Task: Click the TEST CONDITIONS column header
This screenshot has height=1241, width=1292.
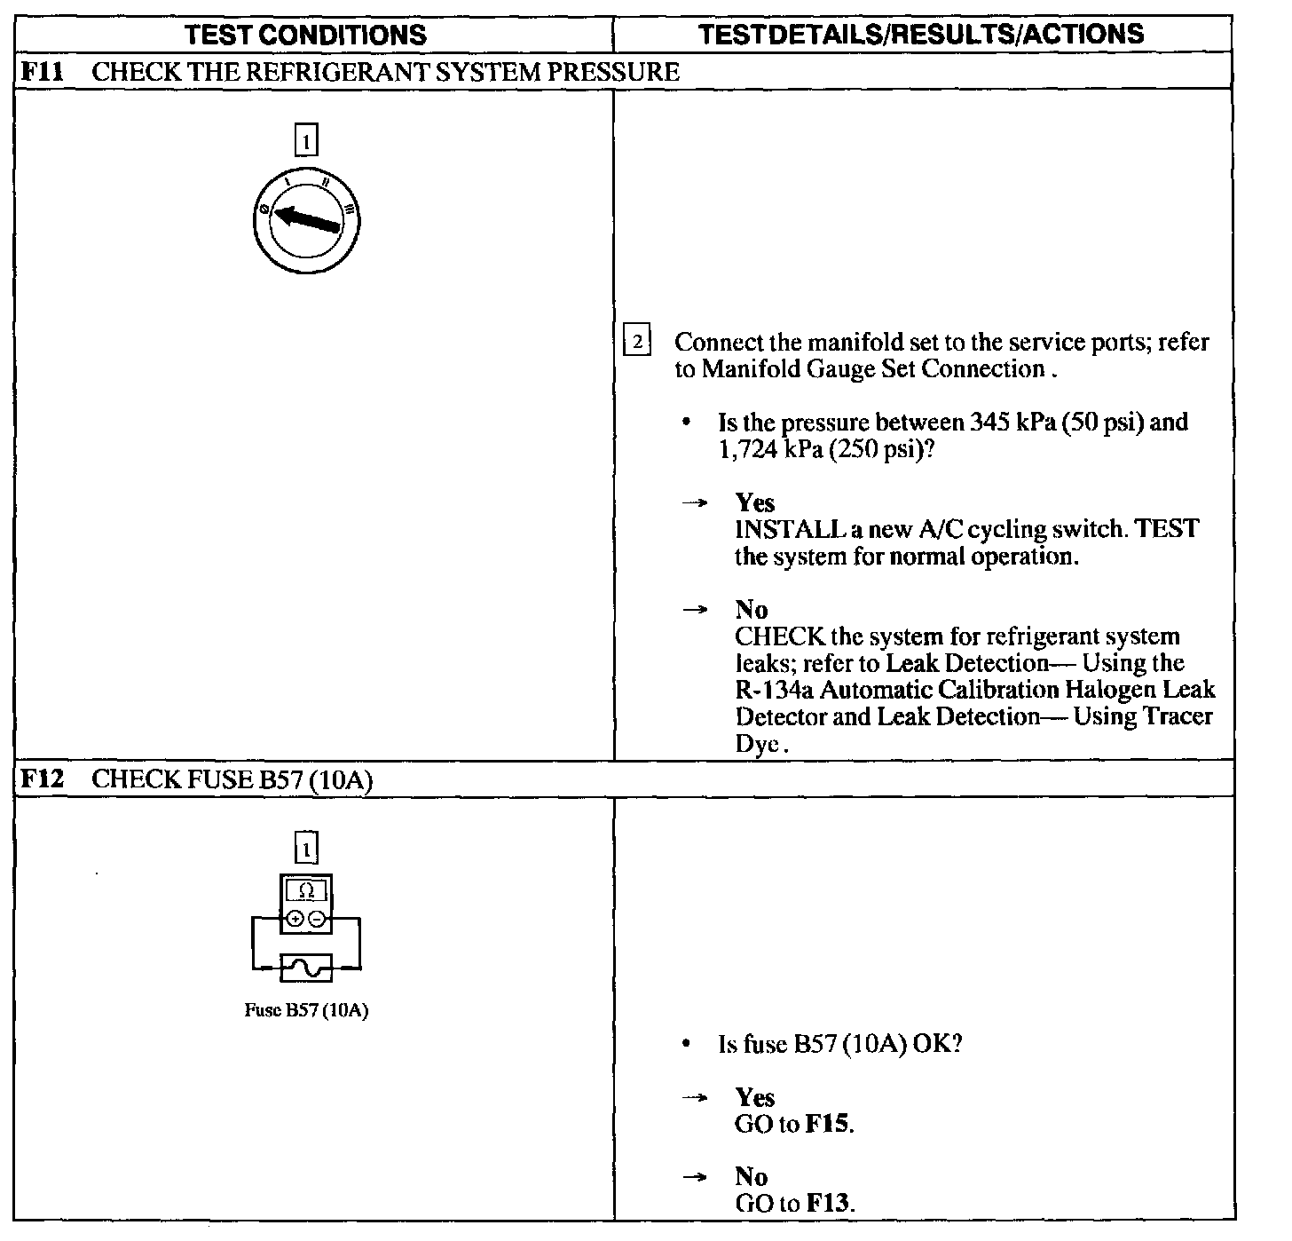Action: (x=306, y=35)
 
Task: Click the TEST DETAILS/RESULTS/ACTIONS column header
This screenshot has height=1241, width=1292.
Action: (x=921, y=34)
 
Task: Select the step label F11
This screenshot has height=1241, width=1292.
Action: (x=42, y=71)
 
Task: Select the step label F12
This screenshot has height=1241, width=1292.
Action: (x=42, y=779)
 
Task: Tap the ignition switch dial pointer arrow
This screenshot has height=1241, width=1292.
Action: (x=307, y=218)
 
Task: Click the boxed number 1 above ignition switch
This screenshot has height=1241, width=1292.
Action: (x=306, y=141)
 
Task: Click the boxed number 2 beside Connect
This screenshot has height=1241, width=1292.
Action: (x=637, y=342)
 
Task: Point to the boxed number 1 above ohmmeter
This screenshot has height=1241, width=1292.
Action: (x=306, y=849)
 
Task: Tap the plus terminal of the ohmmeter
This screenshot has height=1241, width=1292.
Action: (x=295, y=919)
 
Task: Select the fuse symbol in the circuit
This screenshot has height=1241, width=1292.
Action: (x=306, y=967)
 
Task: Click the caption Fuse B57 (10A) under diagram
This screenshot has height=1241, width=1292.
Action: (x=306, y=1011)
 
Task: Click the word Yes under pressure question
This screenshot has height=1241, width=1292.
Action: (x=754, y=503)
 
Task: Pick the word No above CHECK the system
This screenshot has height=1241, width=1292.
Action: (x=751, y=610)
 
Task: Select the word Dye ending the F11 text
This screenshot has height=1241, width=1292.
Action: (x=756, y=743)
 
